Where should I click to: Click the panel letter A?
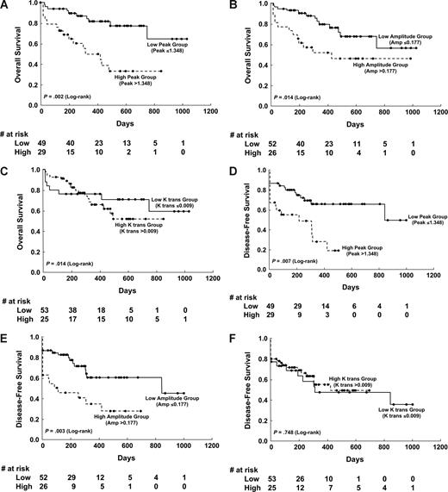click(x=5, y=5)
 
